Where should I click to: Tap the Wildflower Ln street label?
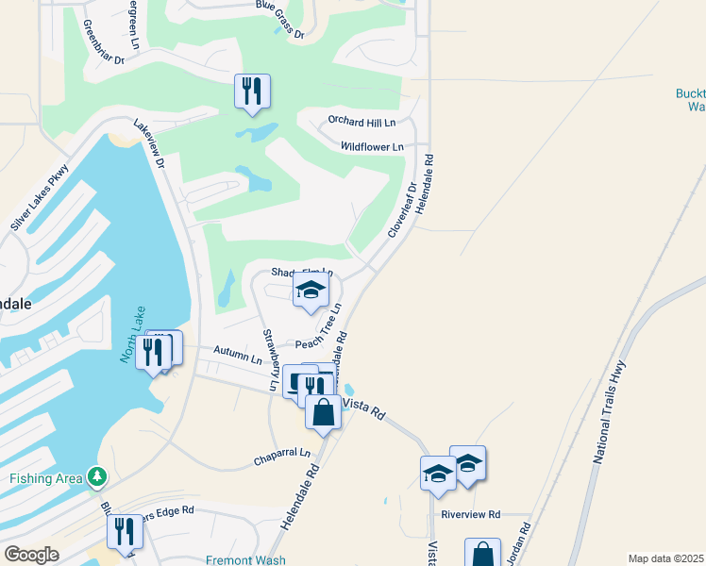click(372, 147)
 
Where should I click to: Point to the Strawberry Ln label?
click(270, 359)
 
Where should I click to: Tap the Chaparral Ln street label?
click(281, 458)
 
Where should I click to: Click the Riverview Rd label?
click(470, 515)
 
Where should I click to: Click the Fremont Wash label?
click(246, 560)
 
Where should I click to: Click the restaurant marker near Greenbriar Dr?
click(252, 91)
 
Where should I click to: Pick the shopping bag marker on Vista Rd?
click(323, 412)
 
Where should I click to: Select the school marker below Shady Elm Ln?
click(311, 291)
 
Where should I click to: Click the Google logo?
click(31, 555)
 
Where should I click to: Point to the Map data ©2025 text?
click(664, 558)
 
